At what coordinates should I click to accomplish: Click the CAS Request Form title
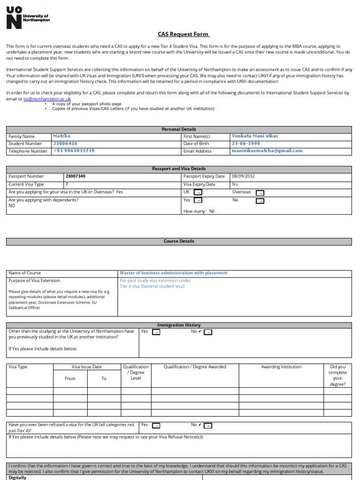pos(183,34)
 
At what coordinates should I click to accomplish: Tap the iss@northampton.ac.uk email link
pos(47,99)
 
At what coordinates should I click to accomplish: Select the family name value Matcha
pos(61,136)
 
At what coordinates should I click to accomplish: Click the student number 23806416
pos(65,143)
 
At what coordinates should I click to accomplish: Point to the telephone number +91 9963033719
pos(74,151)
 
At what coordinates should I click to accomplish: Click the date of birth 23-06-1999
pos(246,143)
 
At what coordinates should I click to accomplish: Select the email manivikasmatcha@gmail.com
pos(267,151)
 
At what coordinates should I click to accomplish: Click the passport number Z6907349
pos(75,176)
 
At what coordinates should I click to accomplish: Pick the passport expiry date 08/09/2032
pos(243,176)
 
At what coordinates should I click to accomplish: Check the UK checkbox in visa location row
pos(198,193)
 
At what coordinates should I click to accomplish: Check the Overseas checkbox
pos(260,193)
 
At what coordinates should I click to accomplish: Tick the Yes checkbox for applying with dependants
pos(198,201)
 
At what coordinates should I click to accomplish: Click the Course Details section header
pos(179,241)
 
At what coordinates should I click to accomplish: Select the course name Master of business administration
pos(173,273)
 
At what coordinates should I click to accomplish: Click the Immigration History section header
pos(179,325)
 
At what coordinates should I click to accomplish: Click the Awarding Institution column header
pos(281,367)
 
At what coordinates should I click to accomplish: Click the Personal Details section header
pos(179,129)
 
